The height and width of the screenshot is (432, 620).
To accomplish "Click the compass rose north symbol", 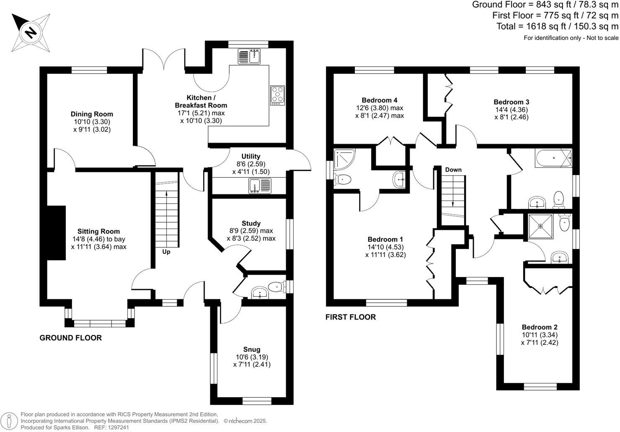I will [x=30, y=32].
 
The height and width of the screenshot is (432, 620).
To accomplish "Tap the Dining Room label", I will [x=92, y=114].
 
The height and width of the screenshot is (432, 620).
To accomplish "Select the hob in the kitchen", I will [x=277, y=95].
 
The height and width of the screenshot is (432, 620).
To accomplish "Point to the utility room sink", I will [x=260, y=185].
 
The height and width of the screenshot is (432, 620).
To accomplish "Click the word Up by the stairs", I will [x=166, y=252].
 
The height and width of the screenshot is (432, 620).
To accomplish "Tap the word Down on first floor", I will [x=453, y=170].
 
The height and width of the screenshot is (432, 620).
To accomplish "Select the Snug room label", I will [x=252, y=349].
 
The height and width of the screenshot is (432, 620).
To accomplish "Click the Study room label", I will [x=251, y=223].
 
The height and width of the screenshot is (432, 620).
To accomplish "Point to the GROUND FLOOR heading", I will [x=70, y=338].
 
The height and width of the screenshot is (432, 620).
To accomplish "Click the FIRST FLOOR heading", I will [x=351, y=317].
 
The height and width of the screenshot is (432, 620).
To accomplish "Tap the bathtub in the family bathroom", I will [x=553, y=158].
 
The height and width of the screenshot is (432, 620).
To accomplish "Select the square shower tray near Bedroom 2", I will [x=540, y=226].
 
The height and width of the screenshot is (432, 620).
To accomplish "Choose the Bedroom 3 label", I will [x=511, y=102].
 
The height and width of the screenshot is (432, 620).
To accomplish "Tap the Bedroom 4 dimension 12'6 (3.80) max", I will [x=379, y=108].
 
